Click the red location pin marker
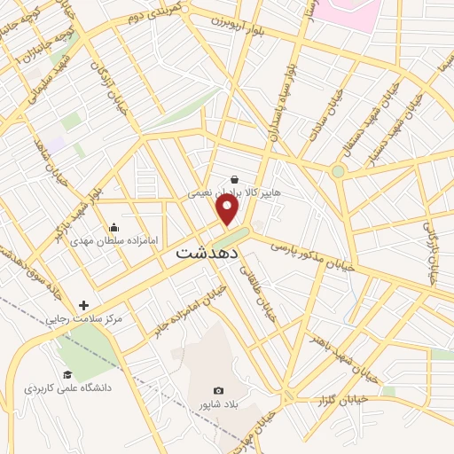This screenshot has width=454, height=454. (x=229, y=209)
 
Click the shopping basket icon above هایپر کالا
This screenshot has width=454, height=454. (x=233, y=178)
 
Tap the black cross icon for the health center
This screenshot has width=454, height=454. (x=84, y=304)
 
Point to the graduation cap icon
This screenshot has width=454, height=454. (x=67, y=376)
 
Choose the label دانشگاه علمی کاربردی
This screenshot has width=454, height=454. (x=67, y=388)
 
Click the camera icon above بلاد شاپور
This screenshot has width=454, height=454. (x=219, y=390)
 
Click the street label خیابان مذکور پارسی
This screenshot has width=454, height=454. (x=312, y=253)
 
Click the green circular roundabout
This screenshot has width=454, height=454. (x=338, y=171)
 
